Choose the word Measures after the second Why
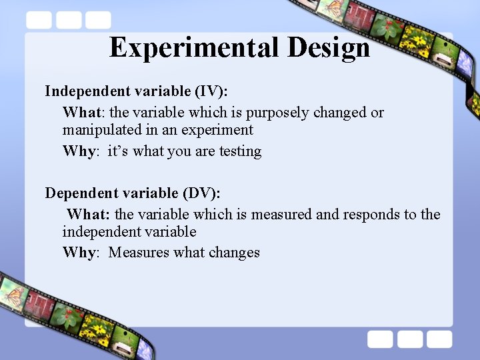[x=139, y=253]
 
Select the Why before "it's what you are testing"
[x=80, y=151]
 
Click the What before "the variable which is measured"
[x=89, y=214]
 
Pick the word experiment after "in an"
[x=220, y=130]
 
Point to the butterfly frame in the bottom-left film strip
[x=12, y=292]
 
